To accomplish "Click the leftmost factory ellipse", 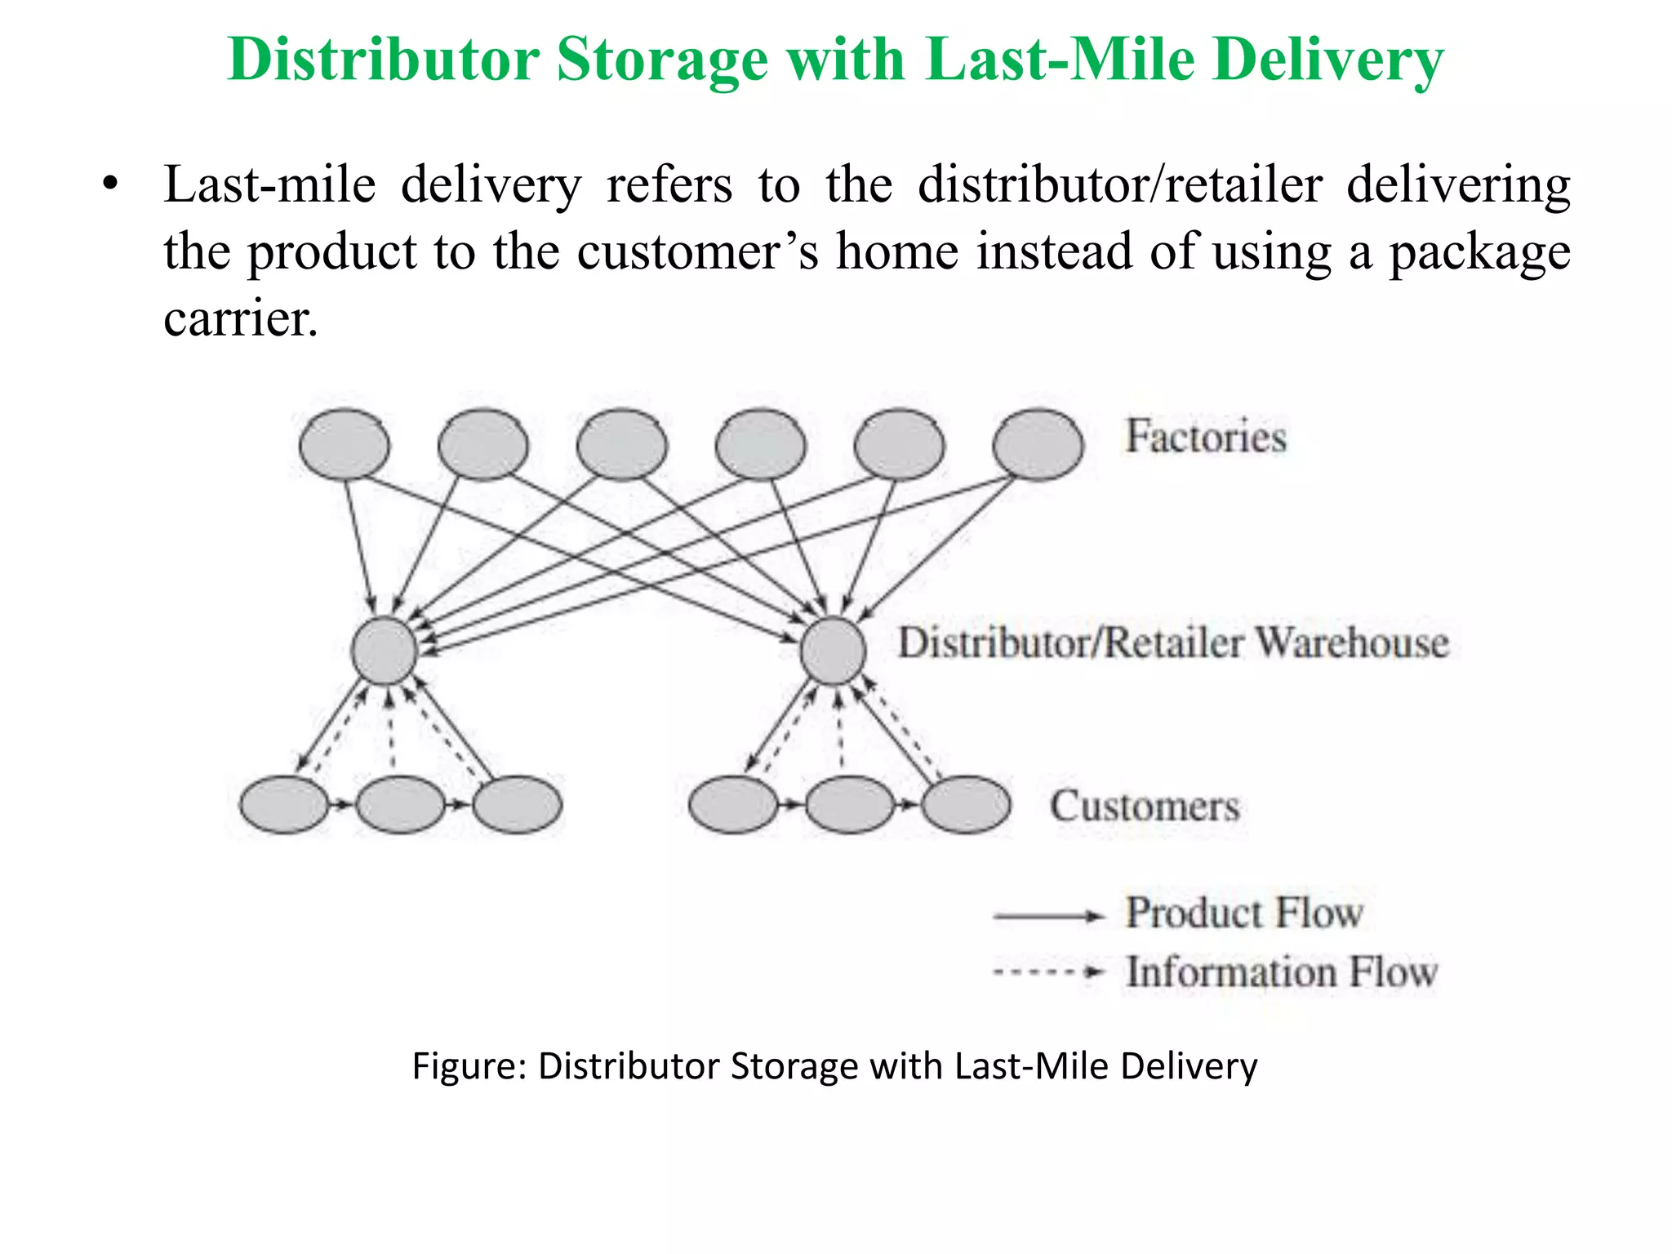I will [345, 445].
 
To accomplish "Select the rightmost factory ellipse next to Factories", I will [1038, 445].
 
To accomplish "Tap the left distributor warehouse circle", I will [384, 651].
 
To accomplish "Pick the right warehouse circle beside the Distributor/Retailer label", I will [833, 651].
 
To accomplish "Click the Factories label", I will [1206, 437].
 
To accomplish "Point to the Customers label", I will [1144, 807].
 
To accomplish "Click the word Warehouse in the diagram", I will [1351, 643].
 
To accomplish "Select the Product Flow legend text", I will [1244, 913].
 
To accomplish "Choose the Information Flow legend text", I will [1281, 972].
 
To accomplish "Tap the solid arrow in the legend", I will [1048, 917].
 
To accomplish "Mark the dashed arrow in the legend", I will [1048, 972].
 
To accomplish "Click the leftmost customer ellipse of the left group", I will [283, 805].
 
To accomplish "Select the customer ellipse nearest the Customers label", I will [967, 805].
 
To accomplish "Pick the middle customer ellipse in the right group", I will [850, 805].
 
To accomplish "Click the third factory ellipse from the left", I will [621, 445].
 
